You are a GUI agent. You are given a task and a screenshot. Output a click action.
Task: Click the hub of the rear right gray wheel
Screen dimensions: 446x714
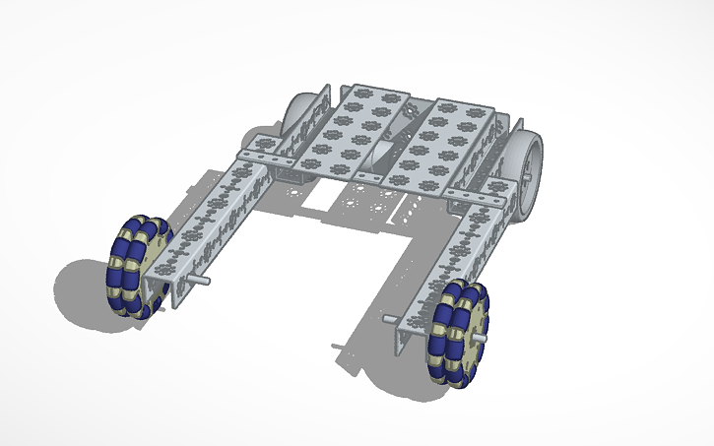(x=533, y=165)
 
